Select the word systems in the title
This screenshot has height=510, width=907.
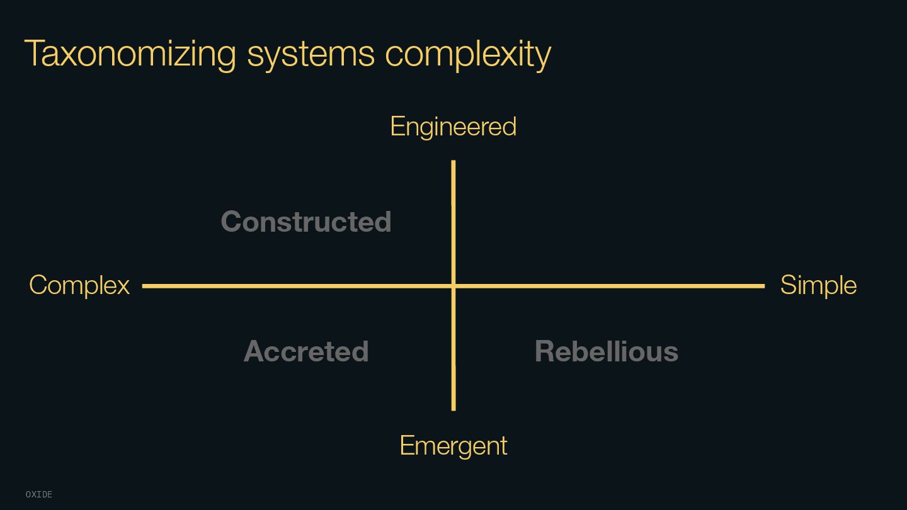pos(311,55)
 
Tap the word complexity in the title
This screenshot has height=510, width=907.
pos(468,55)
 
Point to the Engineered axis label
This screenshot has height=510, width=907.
pos(453,127)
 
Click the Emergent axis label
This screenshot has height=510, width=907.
pos(453,446)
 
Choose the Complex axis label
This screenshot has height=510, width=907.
pos(79,285)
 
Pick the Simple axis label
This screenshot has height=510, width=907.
pos(818,285)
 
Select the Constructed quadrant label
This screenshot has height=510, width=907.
pos(306,222)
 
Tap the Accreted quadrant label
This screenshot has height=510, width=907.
pos(306,351)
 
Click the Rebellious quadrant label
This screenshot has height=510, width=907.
pos(606,351)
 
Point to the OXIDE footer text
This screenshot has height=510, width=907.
pos(39,495)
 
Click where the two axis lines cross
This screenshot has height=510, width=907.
pos(453,286)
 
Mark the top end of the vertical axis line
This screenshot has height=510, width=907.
pos(453,162)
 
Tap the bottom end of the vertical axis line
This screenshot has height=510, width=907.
pos(453,409)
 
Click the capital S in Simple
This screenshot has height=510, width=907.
pos(789,285)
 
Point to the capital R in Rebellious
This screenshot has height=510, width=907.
pos(545,351)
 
